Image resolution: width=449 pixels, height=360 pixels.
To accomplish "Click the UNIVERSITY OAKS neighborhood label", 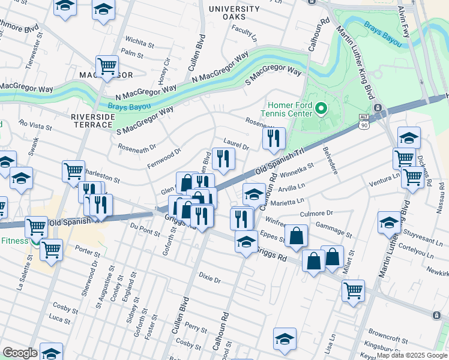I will (234, 13).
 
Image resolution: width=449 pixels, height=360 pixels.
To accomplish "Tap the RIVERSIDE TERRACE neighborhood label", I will (92, 121).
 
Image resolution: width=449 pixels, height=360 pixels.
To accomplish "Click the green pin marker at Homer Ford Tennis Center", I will (321, 109).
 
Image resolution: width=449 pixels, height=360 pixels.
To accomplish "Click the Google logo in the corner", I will (19, 353).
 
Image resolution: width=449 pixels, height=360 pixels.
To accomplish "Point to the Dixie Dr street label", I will (209, 280).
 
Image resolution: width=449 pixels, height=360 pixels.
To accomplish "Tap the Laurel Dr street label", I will (236, 145).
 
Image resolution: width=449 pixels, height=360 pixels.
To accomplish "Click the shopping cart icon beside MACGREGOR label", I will (107, 66).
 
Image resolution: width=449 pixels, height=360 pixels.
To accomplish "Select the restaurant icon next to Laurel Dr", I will (223, 158).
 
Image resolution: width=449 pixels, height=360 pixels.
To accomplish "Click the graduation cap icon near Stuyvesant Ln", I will (389, 222).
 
